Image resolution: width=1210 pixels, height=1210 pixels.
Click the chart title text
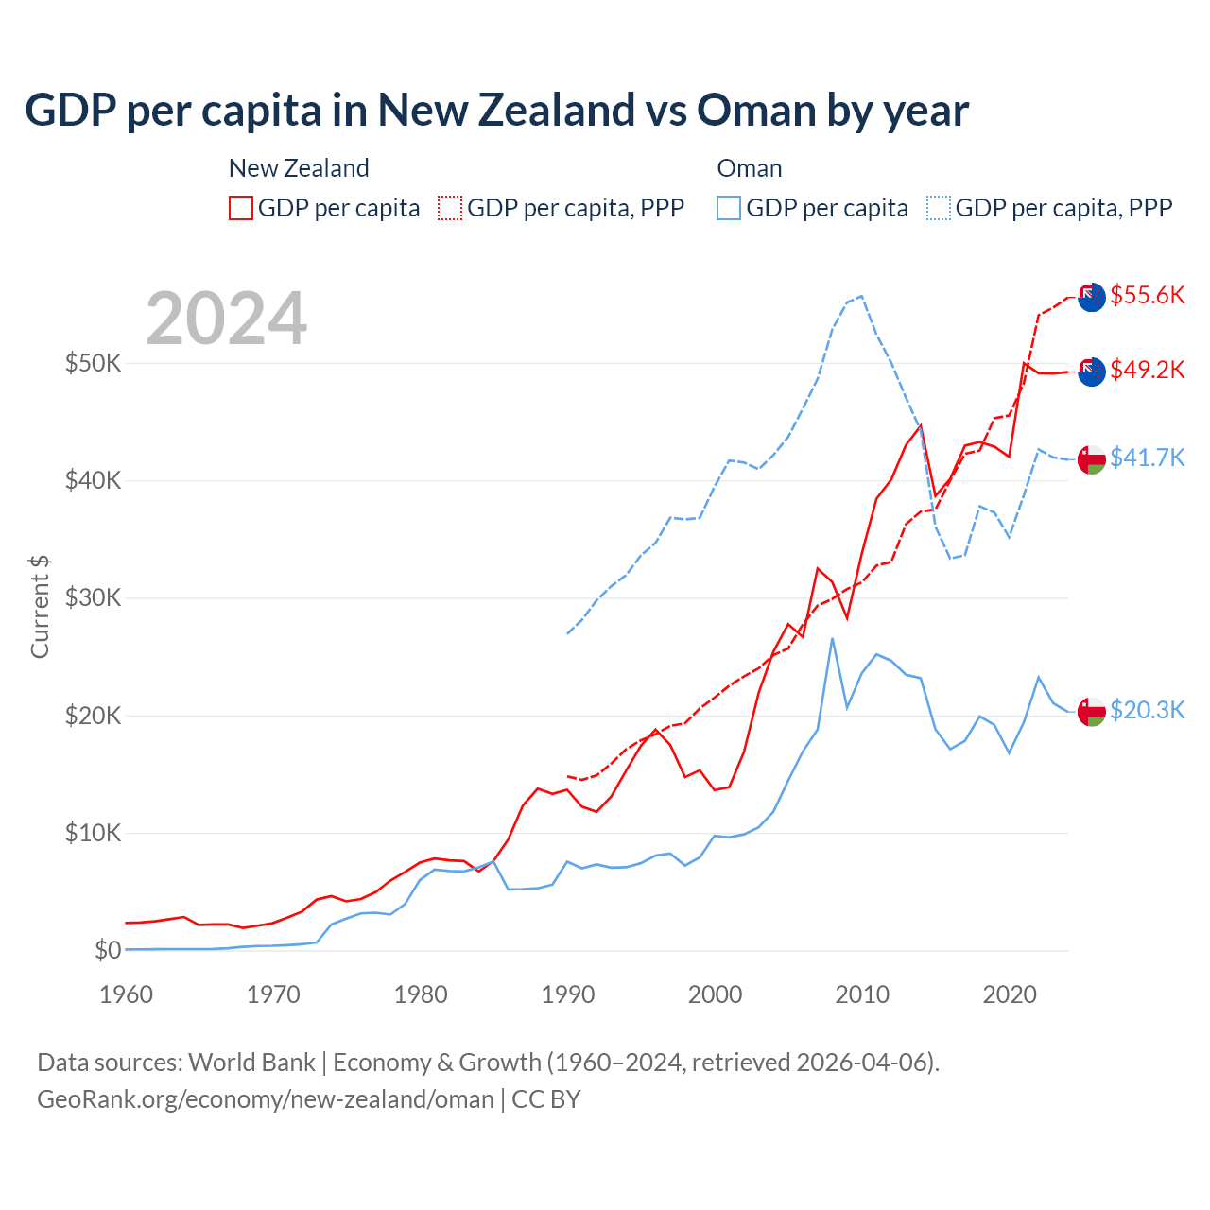(x=496, y=111)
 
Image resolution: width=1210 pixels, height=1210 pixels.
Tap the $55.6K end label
(x=1147, y=295)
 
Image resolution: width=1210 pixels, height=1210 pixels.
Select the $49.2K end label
(x=1147, y=370)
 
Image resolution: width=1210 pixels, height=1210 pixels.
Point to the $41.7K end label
(x=1147, y=458)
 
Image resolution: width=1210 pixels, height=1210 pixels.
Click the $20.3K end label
(x=1147, y=710)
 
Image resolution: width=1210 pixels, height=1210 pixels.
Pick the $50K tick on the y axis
(x=93, y=363)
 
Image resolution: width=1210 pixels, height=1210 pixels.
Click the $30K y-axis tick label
(x=93, y=598)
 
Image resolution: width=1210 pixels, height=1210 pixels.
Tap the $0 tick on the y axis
(x=108, y=950)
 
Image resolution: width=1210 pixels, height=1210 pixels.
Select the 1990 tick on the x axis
(x=568, y=994)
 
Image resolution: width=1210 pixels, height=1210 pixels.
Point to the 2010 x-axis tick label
(x=862, y=994)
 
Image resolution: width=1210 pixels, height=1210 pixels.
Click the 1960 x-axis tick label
(x=127, y=994)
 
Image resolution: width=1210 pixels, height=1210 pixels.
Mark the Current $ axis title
(x=40, y=607)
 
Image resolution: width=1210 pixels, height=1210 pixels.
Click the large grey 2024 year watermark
(x=227, y=319)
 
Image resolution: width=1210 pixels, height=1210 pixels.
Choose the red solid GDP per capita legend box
(x=241, y=208)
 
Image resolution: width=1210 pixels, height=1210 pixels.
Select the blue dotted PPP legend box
(x=939, y=208)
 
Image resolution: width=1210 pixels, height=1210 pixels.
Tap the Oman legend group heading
(x=750, y=168)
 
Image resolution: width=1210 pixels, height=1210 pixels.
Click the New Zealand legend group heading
(x=299, y=168)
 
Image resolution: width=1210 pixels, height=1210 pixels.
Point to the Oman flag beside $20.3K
(x=1092, y=710)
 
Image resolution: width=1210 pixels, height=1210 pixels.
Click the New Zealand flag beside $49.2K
(x=1092, y=372)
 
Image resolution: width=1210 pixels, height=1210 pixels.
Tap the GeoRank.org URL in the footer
(x=266, y=1099)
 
